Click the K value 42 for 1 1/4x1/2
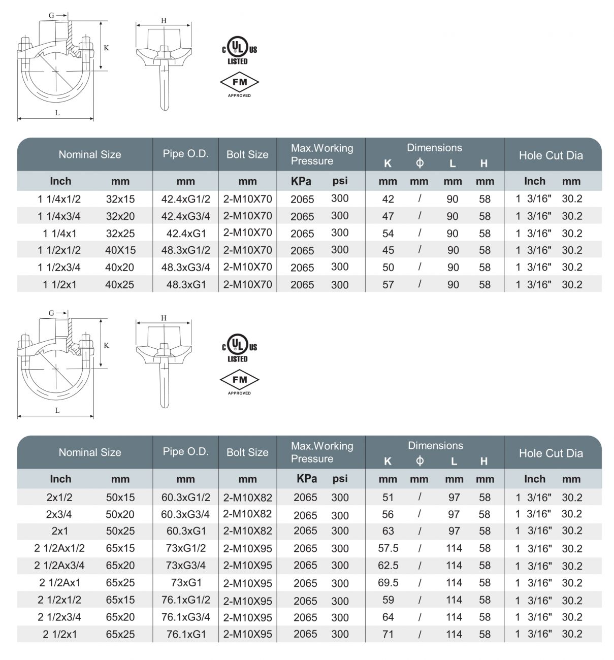pos(388,199)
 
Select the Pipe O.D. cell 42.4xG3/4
pos(185,216)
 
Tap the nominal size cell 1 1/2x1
pos(59,284)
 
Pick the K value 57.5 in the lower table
pos(388,548)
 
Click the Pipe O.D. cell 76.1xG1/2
pos(185,600)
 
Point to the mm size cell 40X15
pos(120,250)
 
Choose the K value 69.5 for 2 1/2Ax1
pos(388,583)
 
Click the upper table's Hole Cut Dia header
pos(551,155)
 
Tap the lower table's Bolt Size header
pos(247,452)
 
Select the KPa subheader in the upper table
pos(301,181)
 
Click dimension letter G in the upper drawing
pos(51,15)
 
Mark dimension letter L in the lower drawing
pos(57,410)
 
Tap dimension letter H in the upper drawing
pos(164,20)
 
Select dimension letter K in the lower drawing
pos(106,346)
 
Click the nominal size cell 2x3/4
pos(59,514)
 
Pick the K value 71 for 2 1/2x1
pos(388,634)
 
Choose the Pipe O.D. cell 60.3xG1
pos(186,531)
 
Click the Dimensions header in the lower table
pos(435,446)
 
